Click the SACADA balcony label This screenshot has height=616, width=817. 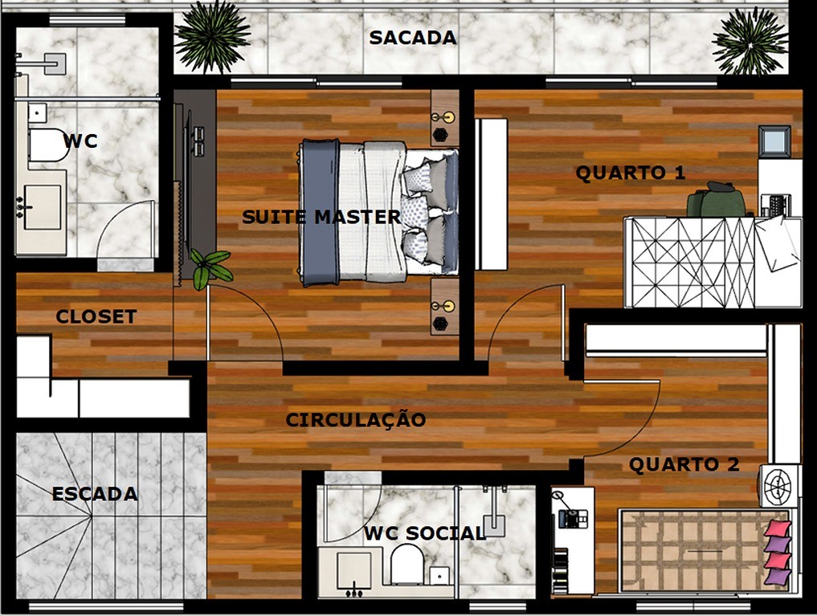coord(412,38)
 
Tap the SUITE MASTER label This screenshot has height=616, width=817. coord(321,217)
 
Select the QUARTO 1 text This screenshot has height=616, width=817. coord(620,173)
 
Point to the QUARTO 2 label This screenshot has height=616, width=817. coord(684,465)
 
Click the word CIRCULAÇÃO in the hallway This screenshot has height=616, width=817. coord(356,420)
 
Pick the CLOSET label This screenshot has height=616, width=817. coord(96,317)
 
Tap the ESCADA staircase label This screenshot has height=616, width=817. coord(94,494)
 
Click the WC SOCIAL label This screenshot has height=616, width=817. coord(424,533)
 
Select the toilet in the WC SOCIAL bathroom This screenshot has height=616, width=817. coord(406,565)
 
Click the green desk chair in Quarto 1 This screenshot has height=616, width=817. coord(715,200)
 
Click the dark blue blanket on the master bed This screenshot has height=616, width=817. coord(318,214)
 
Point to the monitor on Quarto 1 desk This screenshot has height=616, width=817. coord(774,141)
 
